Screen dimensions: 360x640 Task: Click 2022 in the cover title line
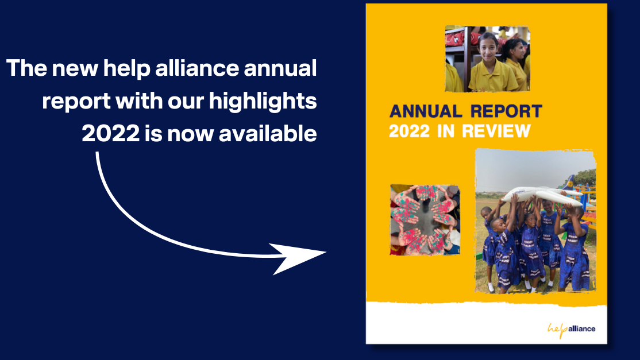click(x=409, y=131)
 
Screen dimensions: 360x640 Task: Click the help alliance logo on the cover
click(x=571, y=329)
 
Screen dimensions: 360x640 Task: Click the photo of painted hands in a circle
click(x=425, y=219)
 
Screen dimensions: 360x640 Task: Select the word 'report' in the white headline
click(x=76, y=102)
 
